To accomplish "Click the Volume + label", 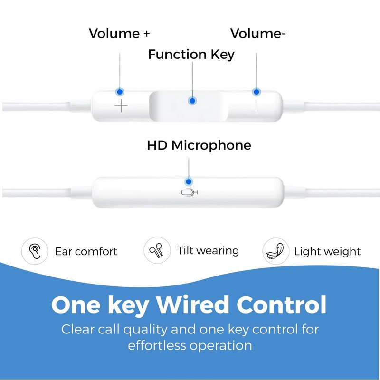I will point(120,34).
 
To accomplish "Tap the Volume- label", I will point(258,34).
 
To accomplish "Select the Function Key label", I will point(191,55).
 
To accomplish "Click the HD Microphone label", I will point(199,145).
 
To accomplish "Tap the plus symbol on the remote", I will point(122,105).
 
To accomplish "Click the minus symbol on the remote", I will point(256,105).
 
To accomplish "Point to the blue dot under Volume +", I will point(120,91).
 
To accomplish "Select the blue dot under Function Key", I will point(192,101).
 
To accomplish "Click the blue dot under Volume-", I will point(256,91).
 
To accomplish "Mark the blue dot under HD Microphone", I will point(189,181).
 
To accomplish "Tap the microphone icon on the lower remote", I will point(190,192).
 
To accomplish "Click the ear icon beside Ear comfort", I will point(35,250).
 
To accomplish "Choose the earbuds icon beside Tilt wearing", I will point(157,250).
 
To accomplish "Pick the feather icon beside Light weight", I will point(275,251).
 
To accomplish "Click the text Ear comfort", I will point(86,251).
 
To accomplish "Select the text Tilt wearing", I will point(208,251).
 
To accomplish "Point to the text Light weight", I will point(327,251).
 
